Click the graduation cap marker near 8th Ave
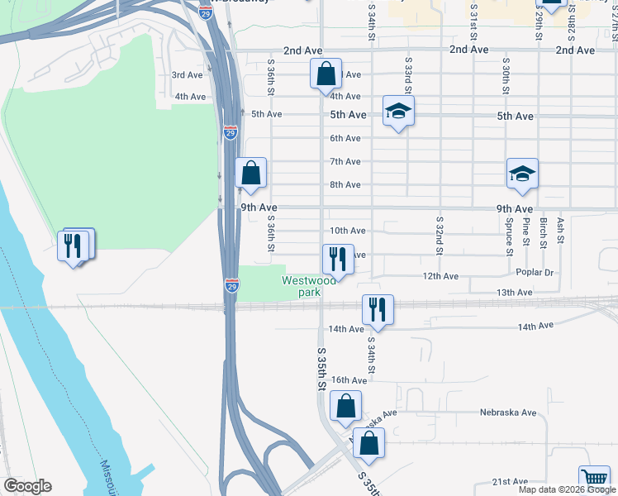(x=522, y=174)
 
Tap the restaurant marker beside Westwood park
(x=337, y=259)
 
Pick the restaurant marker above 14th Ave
(x=378, y=310)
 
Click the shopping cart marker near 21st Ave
(x=594, y=477)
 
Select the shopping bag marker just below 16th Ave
(x=345, y=406)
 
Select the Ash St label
(x=560, y=229)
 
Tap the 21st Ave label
(x=510, y=481)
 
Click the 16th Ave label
(x=349, y=380)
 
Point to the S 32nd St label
(x=440, y=236)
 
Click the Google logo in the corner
(x=27, y=486)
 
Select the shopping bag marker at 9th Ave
(x=251, y=174)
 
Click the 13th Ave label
(x=514, y=293)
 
